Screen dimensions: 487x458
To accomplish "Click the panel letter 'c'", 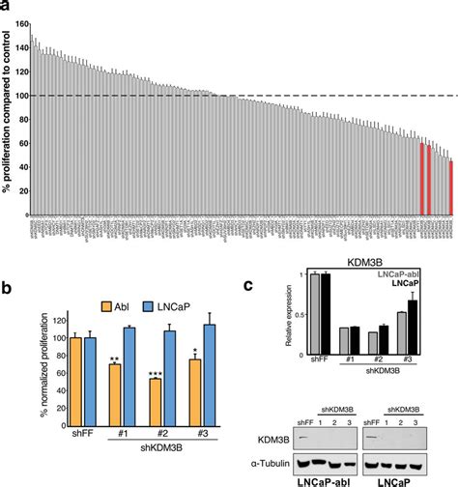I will (249, 287).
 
